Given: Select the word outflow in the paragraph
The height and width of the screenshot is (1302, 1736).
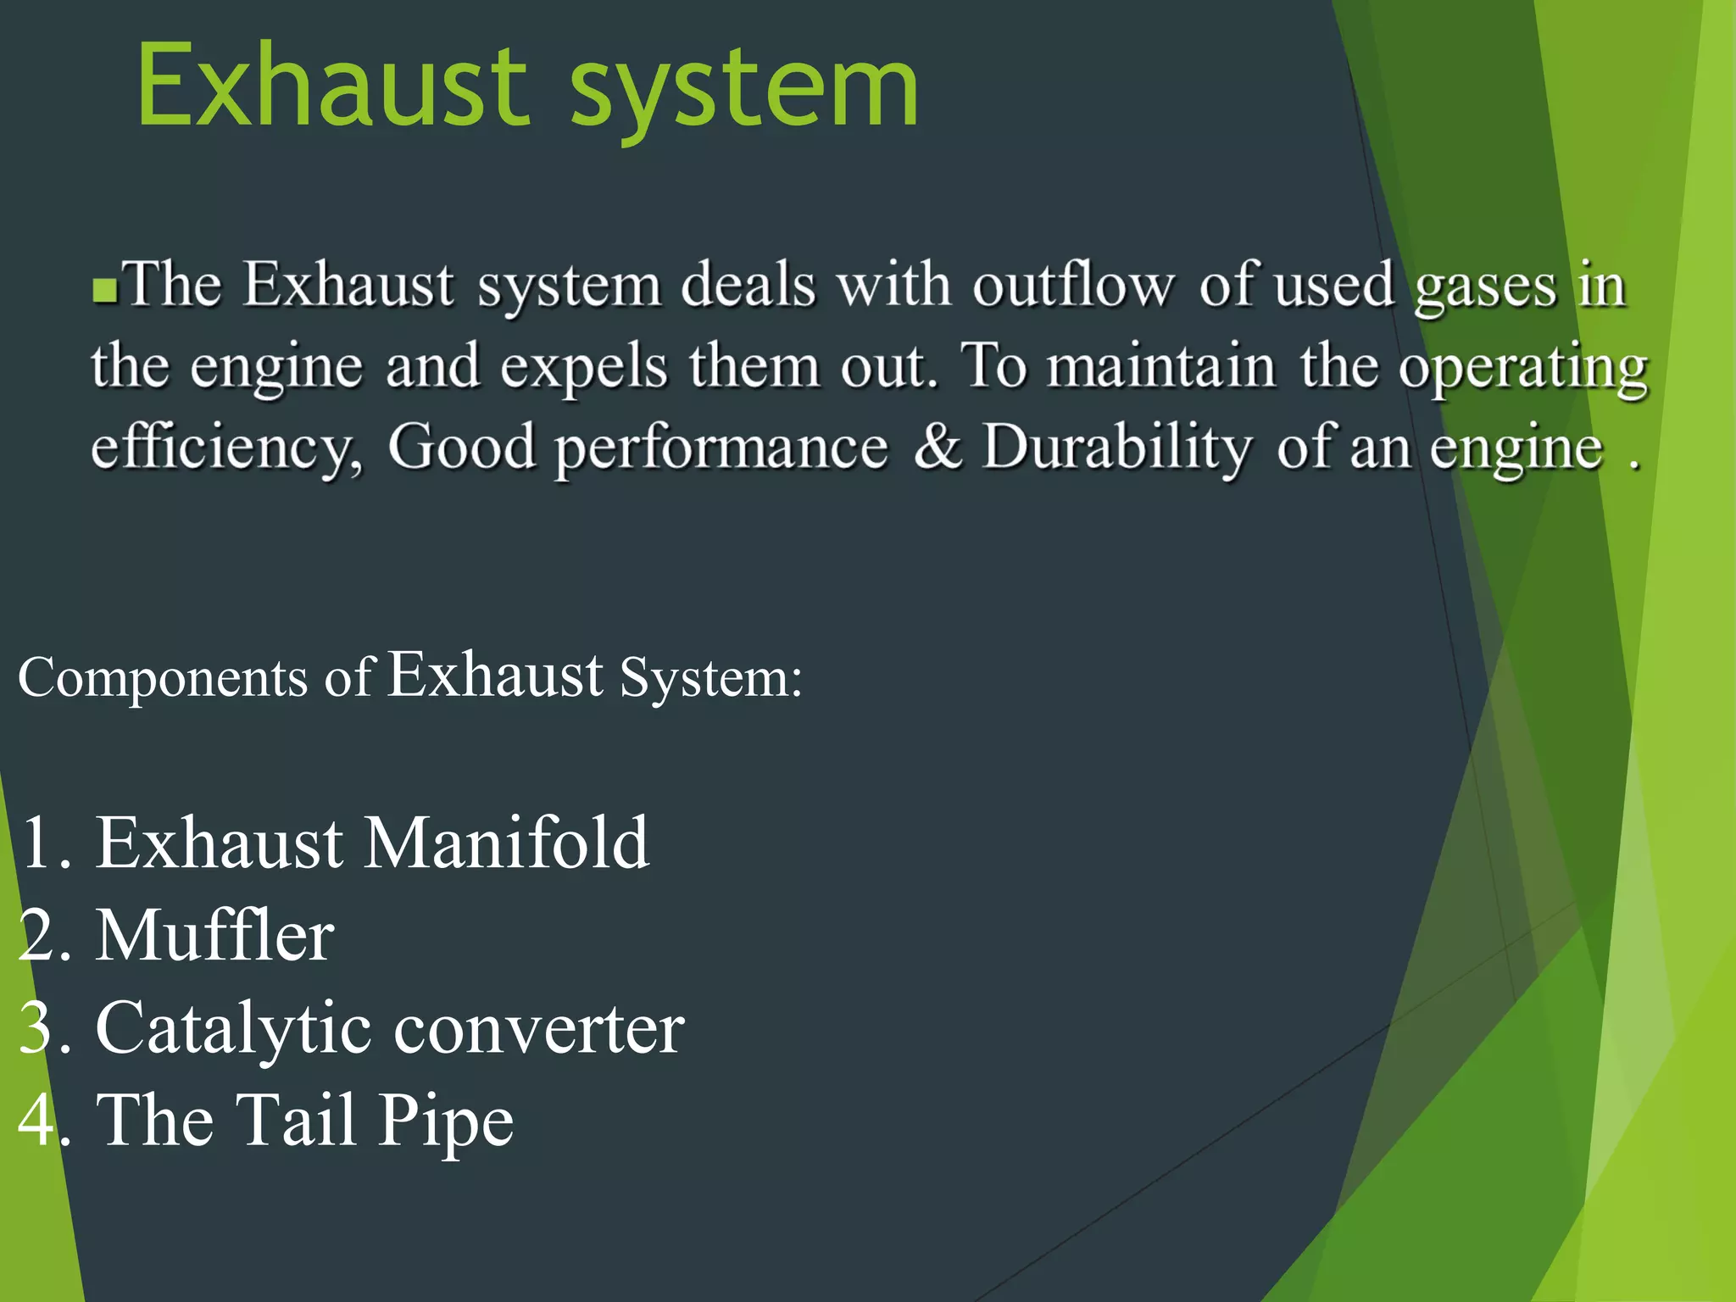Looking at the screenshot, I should (1073, 285).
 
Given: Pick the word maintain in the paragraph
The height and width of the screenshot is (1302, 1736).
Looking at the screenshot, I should (1160, 366).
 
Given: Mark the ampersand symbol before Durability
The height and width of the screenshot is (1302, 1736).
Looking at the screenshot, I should (937, 446).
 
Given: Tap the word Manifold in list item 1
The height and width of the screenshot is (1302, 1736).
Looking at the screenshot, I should (506, 843).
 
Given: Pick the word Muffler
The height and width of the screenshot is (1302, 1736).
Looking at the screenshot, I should (214, 936).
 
